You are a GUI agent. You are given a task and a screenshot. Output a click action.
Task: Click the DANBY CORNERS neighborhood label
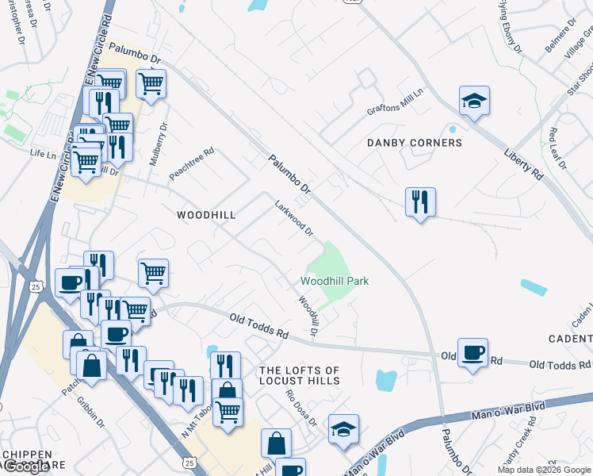[x=414, y=143]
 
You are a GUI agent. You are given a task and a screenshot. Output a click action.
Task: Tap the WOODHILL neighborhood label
[x=206, y=215]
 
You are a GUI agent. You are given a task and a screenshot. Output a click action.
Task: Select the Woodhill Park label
[x=335, y=281]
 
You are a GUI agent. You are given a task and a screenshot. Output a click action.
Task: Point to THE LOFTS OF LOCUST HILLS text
[x=300, y=376]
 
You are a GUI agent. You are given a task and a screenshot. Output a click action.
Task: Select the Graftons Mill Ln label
[x=396, y=109]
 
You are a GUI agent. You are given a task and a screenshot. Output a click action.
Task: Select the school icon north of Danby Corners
[x=474, y=101]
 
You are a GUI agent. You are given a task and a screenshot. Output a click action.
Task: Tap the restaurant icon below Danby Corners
[x=420, y=202]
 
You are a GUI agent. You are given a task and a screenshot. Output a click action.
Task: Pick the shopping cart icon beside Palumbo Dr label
[x=150, y=83]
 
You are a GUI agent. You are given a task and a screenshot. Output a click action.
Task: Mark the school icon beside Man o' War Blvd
[x=343, y=428]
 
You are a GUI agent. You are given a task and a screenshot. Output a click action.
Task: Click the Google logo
[x=26, y=466]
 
